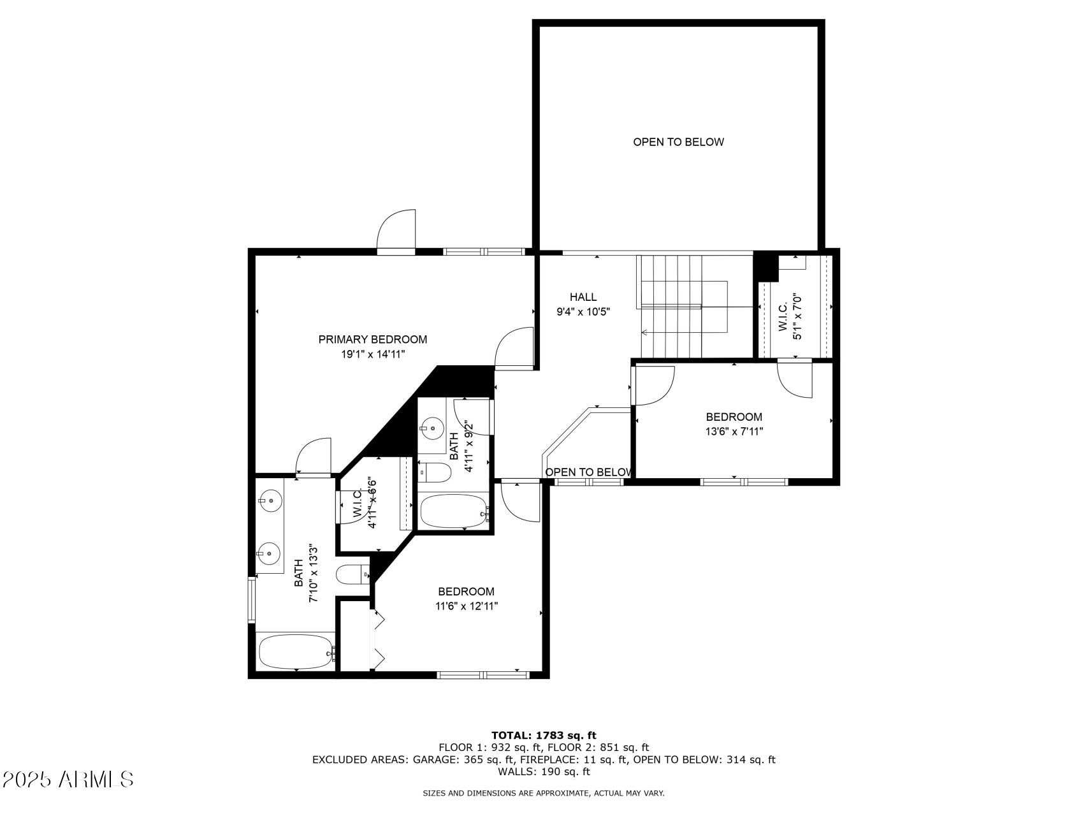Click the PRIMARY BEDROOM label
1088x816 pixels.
coord(373,340)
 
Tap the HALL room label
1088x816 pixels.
coord(583,297)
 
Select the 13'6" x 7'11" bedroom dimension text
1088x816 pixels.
coord(734,432)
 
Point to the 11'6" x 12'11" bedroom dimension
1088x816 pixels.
coord(467,606)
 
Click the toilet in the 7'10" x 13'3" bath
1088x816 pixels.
coord(352,576)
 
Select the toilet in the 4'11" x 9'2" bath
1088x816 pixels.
coord(434,472)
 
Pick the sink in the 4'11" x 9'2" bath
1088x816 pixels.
coord(433,426)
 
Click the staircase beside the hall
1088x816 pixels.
coord(682,307)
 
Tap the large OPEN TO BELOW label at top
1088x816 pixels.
coord(678,142)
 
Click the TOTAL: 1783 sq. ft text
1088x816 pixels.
coord(544,736)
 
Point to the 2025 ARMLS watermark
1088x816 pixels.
coord(68,779)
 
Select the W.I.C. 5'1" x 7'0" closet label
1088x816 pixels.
coord(789,316)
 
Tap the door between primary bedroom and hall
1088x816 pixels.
coord(514,348)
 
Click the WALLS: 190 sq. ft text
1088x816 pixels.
coord(544,772)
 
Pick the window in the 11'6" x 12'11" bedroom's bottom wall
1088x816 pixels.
coord(484,674)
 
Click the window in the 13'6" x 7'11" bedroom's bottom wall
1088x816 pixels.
coord(744,482)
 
